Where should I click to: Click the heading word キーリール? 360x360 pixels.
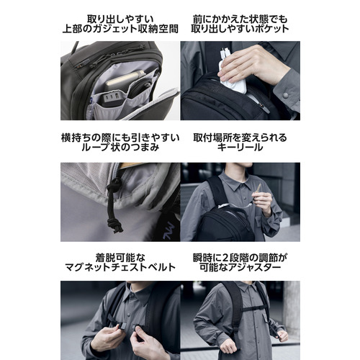(x=240, y=147)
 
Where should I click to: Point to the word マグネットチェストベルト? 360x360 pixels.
(x=120, y=267)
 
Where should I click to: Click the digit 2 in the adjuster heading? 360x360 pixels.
(x=225, y=258)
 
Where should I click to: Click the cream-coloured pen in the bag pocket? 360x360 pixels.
(x=125, y=77)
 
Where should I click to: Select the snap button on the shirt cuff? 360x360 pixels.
(x=285, y=95)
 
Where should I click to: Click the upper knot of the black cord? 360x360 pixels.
(x=113, y=185)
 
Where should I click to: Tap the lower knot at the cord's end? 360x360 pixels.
(x=115, y=225)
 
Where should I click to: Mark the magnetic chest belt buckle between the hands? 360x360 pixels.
(x=129, y=326)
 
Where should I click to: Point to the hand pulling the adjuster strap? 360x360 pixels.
(x=282, y=336)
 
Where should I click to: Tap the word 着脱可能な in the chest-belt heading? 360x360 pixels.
(x=120, y=258)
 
